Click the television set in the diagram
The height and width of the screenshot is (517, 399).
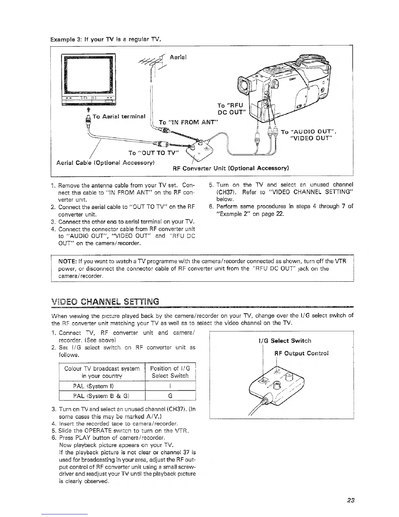(88, 80)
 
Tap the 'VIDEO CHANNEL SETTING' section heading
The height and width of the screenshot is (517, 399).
(105, 302)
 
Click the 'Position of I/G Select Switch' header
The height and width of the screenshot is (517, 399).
(170, 372)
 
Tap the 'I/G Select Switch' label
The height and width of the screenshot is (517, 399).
(284, 341)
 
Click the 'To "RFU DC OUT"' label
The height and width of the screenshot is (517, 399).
(231, 109)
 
